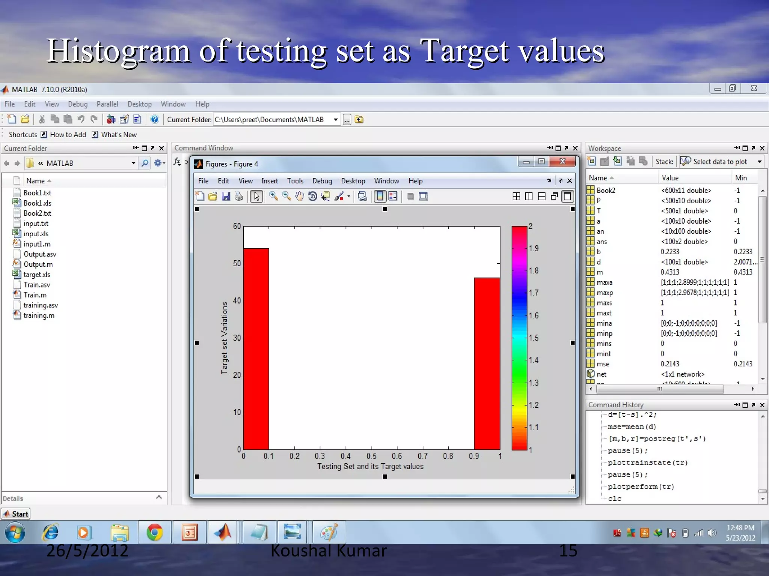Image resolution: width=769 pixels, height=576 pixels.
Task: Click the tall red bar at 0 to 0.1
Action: tap(256, 349)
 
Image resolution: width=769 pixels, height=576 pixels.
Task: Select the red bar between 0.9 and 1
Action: tap(487, 364)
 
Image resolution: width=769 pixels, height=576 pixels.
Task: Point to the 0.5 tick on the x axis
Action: tap(371, 456)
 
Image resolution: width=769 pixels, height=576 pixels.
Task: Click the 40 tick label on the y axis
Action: tap(237, 301)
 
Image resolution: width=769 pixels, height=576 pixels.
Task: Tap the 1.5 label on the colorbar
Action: tap(534, 338)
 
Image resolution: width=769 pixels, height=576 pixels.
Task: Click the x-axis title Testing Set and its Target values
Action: tap(370, 466)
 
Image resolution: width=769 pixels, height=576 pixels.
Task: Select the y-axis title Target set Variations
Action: tap(225, 338)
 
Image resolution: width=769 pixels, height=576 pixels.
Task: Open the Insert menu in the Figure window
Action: tap(270, 181)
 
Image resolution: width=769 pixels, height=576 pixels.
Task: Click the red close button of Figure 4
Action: tap(562, 162)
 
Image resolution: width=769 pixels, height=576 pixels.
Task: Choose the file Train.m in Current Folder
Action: tap(35, 295)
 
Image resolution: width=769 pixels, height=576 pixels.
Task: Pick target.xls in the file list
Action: tap(36, 274)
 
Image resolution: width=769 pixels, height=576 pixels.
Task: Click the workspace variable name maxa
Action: tap(604, 282)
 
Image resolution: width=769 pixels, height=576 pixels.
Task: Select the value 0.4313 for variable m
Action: tap(670, 272)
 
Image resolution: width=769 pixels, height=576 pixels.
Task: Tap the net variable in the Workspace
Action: tap(601, 374)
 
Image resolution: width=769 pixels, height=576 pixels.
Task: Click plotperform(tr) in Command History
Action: tap(641, 487)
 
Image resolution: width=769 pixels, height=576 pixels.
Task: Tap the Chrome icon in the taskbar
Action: tap(154, 532)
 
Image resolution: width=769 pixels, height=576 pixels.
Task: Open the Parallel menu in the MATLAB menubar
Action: tap(107, 104)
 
